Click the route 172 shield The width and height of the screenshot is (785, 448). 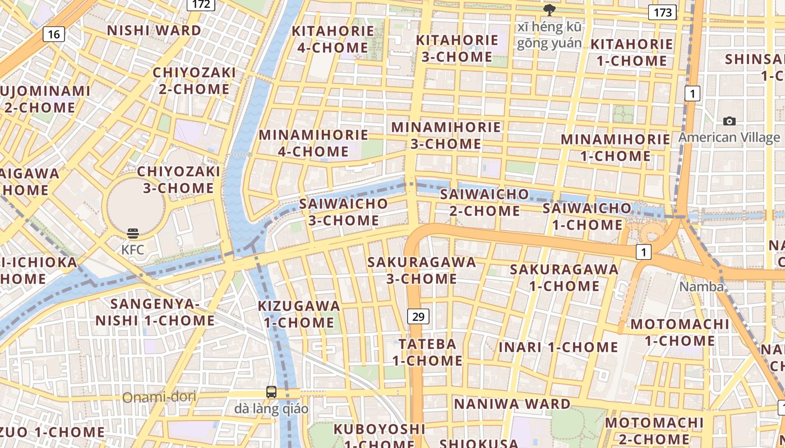pyautogui.click(x=201, y=4)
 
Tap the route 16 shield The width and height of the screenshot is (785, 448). pyautogui.click(x=54, y=34)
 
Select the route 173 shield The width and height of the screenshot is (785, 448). pyautogui.click(x=662, y=12)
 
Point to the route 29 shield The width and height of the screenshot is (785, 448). pyautogui.click(x=418, y=317)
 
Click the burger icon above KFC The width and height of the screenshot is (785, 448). pyautogui.click(x=133, y=233)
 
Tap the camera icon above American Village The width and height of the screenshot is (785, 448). pyautogui.click(x=729, y=121)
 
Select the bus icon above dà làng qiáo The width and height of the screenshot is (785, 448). pyautogui.click(x=271, y=392)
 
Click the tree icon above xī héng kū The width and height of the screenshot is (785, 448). pyautogui.click(x=549, y=10)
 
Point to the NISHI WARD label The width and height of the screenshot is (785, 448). pyautogui.click(x=154, y=30)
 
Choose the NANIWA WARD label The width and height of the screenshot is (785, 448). pyautogui.click(x=512, y=404)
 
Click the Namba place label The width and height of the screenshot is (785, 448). pyautogui.click(x=701, y=287)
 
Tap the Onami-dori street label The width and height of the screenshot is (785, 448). pyautogui.click(x=160, y=397)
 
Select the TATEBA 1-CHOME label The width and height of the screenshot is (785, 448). pyautogui.click(x=427, y=352)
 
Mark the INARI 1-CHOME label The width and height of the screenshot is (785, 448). pyautogui.click(x=558, y=347)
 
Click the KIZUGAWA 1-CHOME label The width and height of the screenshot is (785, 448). pyautogui.click(x=299, y=314)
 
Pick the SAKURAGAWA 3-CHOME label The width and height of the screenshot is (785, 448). pyautogui.click(x=421, y=270)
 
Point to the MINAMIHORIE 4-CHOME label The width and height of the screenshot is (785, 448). pyautogui.click(x=313, y=143)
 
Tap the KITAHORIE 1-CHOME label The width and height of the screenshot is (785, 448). pyautogui.click(x=631, y=52)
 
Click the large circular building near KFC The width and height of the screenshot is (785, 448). pyautogui.click(x=136, y=205)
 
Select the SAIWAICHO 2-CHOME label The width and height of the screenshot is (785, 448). pyautogui.click(x=484, y=202)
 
